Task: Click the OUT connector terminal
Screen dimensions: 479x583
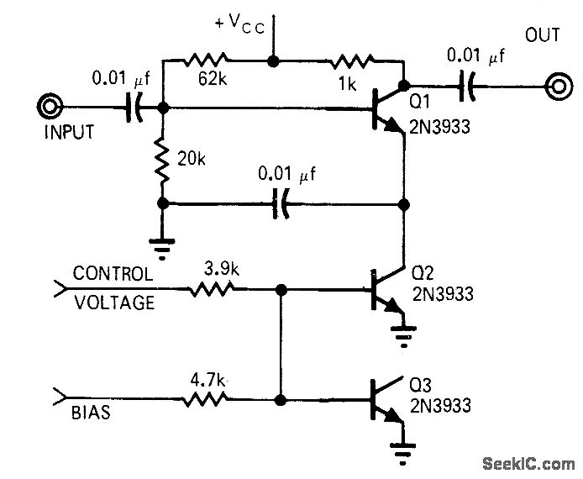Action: coord(556,85)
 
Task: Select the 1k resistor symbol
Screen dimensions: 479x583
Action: coord(353,61)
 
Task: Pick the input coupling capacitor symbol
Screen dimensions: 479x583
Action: coord(132,108)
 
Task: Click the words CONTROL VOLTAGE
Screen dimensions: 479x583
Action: coord(113,288)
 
